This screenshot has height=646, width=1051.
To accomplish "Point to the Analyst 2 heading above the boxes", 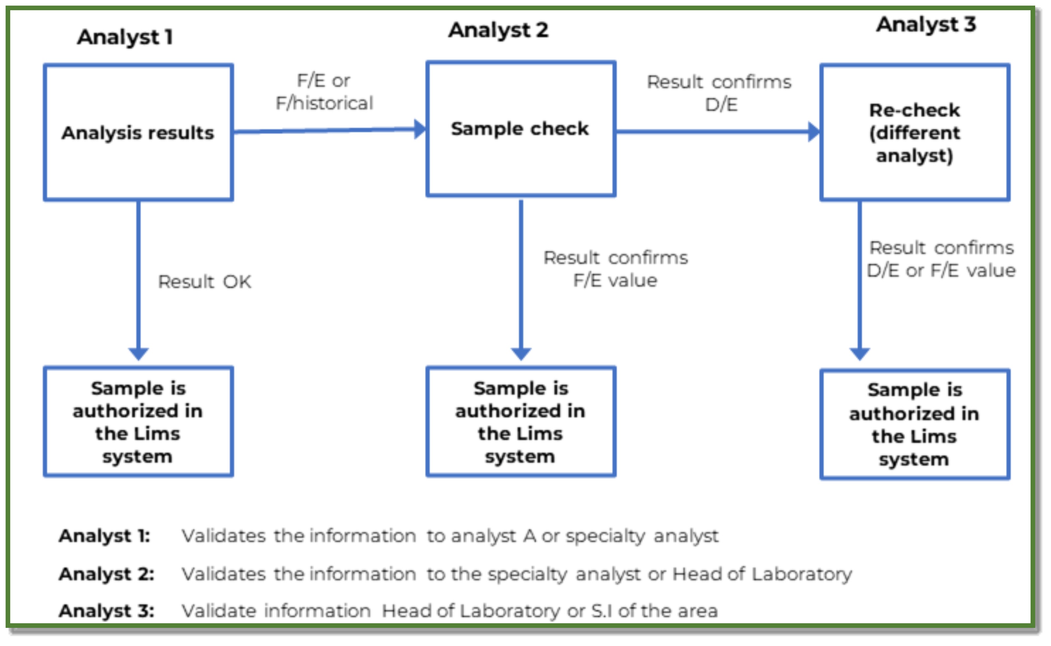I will (x=498, y=30).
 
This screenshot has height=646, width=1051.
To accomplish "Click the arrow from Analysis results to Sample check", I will (x=329, y=130).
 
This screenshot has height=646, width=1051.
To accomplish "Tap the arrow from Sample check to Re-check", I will (x=717, y=132).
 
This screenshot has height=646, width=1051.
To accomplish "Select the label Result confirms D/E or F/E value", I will (x=941, y=259).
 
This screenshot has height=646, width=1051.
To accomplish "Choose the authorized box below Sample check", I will (x=521, y=422).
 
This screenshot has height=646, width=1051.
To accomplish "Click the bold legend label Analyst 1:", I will (x=105, y=536).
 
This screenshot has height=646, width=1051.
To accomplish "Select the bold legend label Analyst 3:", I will (x=107, y=611).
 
